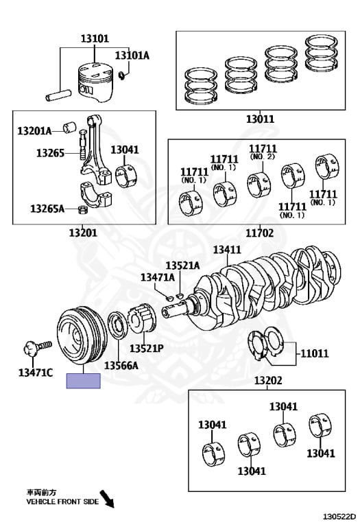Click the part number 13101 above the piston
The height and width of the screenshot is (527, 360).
click(95, 38)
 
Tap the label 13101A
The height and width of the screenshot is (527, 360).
click(132, 55)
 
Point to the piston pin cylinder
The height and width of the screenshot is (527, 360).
click(58, 95)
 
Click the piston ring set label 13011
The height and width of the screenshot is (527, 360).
click(261, 119)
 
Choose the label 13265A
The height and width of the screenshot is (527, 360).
click(47, 209)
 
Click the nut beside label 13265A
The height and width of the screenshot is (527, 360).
click(82, 211)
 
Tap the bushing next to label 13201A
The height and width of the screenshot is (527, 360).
click(70, 128)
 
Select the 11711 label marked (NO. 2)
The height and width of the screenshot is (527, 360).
click(263, 151)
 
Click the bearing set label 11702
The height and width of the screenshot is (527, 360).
click(260, 233)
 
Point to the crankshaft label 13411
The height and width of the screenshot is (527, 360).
click(227, 250)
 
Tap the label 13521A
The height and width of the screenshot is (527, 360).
click(182, 266)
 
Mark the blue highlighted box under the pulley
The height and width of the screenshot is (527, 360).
click(83, 381)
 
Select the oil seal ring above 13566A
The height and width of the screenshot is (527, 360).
click(117, 325)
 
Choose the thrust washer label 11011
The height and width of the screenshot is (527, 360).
click(315, 353)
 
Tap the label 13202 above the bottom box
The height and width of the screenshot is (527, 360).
click(268, 380)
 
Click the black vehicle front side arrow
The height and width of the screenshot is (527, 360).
click(108, 500)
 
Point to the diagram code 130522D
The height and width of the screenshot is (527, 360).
click(339, 516)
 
